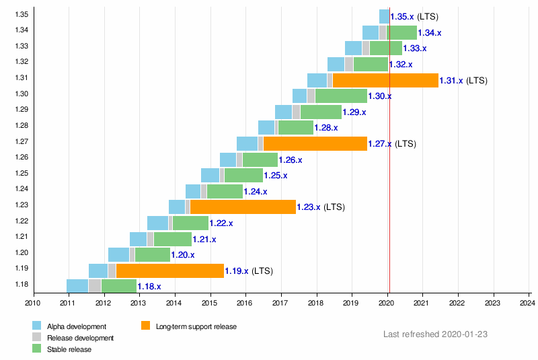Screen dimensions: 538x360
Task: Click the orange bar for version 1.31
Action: point(385,80)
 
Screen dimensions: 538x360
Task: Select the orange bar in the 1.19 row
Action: point(170,271)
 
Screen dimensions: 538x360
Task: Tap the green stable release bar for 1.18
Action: point(119,286)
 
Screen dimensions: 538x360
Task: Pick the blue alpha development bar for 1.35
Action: point(384,16)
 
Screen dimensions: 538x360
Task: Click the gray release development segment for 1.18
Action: point(95,286)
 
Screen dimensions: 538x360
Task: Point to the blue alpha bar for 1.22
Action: point(157,223)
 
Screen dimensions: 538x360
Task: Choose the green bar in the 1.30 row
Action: point(341,96)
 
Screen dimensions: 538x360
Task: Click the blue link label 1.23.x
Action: point(309,207)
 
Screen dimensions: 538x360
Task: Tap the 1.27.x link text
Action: point(380,143)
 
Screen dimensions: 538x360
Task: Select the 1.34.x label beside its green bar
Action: point(430,33)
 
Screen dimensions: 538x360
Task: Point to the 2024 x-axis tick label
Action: point(527,303)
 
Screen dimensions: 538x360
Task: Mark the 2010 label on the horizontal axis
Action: point(32,303)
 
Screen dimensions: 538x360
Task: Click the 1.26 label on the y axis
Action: point(22,157)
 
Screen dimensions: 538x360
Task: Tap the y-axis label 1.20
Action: point(22,252)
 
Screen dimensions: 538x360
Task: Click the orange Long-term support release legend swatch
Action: point(145,325)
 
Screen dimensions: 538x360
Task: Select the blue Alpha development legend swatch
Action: point(37,325)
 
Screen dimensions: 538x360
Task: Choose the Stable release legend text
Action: point(69,349)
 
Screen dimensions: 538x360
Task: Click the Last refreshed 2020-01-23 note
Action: point(435,334)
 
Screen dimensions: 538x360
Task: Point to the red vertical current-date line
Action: point(390,150)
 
